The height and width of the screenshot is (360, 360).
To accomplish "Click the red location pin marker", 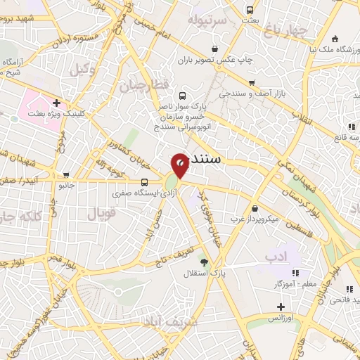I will pyautogui.click(x=181, y=164).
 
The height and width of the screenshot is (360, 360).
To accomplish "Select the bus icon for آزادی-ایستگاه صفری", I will pyautogui.click(x=144, y=181).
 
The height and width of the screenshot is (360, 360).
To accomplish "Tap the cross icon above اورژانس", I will pyautogui.click(x=281, y=307).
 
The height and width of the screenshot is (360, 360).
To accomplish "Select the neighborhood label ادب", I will pyautogui.click(x=276, y=257).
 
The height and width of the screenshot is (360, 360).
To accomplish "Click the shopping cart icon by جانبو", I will pyautogui.click(x=65, y=175).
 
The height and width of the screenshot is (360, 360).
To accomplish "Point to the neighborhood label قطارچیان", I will pyautogui.click(x=146, y=85).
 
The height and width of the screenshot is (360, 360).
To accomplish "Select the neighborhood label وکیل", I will pyautogui.click(x=82, y=69).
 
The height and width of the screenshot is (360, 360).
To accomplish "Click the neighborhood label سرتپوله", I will pyautogui.click(x=206, y=20).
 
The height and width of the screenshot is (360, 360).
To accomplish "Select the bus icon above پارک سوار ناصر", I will pyautogui.click(x=183, y=96).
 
